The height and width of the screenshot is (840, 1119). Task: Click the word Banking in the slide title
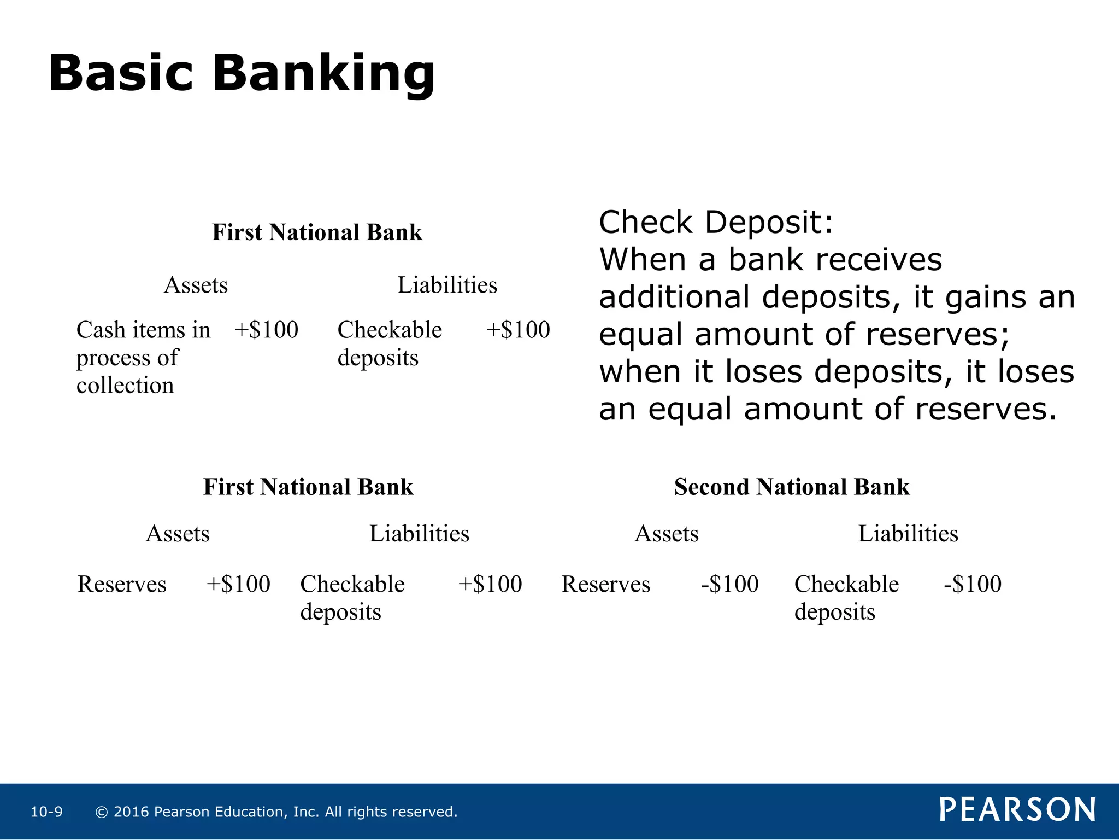(323, 74)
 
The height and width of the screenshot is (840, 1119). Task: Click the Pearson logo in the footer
(1017, 809)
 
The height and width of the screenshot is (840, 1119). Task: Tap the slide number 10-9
(46, 812)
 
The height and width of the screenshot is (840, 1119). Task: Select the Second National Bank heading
(792, 487)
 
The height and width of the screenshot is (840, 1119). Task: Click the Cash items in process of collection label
(143, 357)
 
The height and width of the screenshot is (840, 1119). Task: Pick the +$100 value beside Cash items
(266, 330)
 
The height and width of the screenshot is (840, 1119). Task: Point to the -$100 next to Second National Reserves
(730, 584)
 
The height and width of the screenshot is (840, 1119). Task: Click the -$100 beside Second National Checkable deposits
(973, 584)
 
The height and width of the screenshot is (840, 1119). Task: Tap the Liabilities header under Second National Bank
(908, 533)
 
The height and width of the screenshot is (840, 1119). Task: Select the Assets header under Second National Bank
(667, 533)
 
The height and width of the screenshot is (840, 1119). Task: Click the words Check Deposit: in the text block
(716, 223)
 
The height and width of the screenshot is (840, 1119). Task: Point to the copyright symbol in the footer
(101, 812)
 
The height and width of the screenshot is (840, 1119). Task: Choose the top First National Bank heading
(317, 232)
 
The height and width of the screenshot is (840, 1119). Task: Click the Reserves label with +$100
(122, 584)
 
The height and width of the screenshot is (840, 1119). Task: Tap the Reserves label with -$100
(606, 584)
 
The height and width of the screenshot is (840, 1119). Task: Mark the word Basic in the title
(121, 74)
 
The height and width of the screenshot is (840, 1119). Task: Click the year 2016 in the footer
(131, 812)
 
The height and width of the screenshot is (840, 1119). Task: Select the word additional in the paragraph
(674, 297)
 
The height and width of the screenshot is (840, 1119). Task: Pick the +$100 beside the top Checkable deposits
(518, 330)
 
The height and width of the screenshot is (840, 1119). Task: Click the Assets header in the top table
(196, 285)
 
